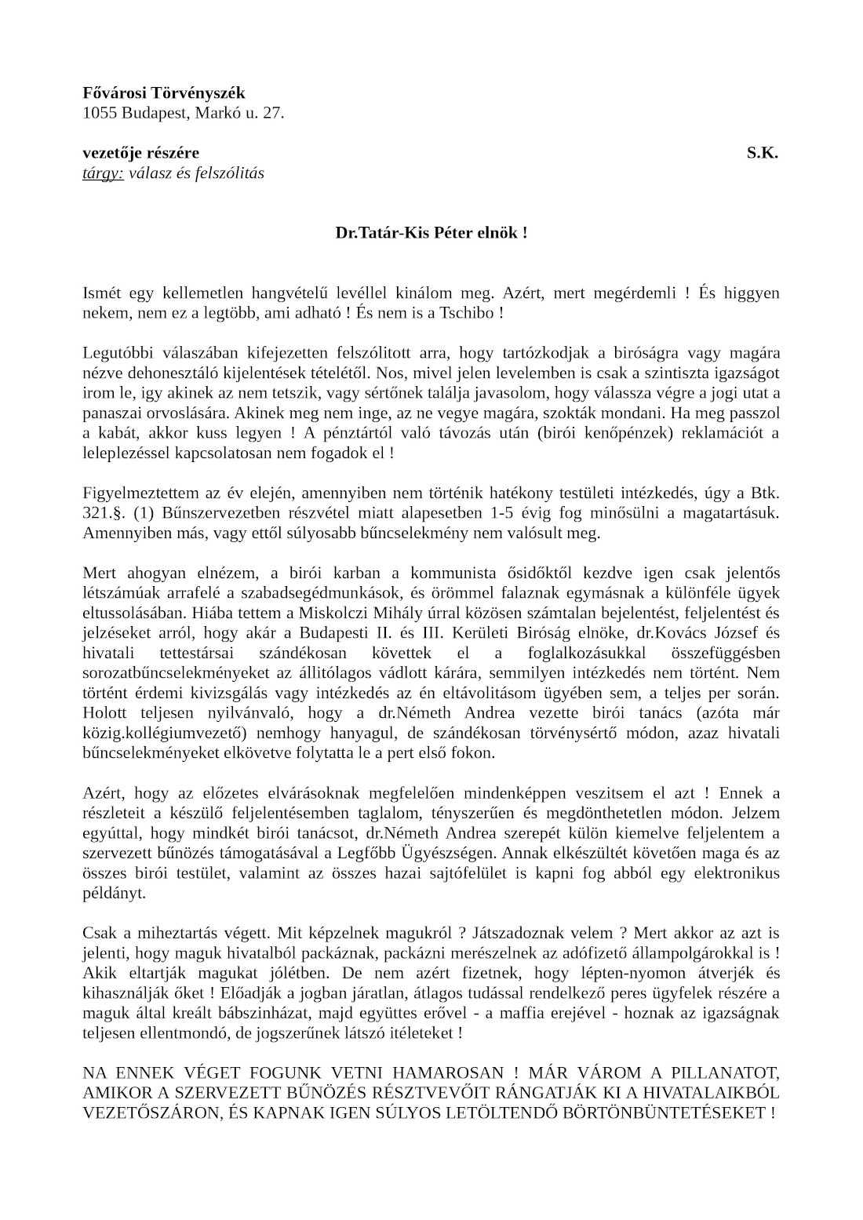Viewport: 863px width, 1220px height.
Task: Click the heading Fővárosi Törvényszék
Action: [164, 93]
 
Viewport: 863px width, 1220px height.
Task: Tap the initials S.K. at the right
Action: [762, 153]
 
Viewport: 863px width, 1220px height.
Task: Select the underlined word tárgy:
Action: [103, 173]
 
